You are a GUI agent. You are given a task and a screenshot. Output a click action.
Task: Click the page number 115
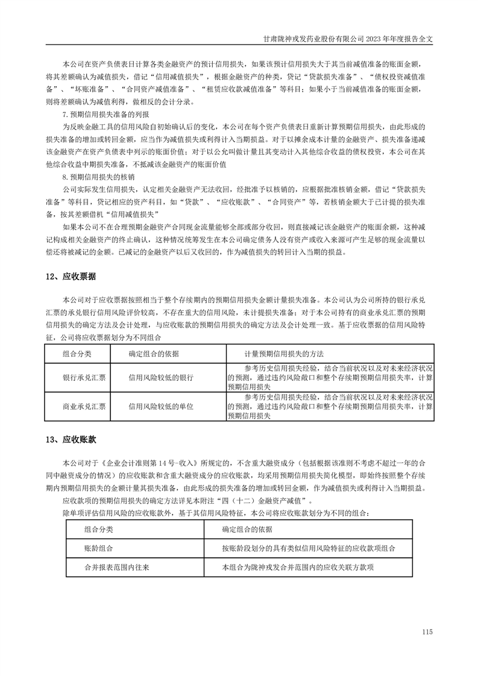tap(428, 631)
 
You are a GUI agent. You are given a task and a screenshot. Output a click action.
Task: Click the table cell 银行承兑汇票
tap(84, 378)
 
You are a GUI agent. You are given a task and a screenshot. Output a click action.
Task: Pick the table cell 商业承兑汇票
tap(84, 407)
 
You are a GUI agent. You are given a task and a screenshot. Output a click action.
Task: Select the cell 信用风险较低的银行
tap(161, 378)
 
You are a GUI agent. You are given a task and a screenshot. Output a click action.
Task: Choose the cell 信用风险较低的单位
tap(161, 407)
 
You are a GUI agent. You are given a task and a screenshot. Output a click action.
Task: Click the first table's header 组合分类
tap(77, 353)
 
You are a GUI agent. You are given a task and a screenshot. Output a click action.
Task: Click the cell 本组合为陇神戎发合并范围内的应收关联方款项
tap(298, 567)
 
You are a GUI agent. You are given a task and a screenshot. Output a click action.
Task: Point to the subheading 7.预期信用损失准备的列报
tap(106, 114)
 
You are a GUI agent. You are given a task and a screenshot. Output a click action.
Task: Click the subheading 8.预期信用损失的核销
tap(99, 178)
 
